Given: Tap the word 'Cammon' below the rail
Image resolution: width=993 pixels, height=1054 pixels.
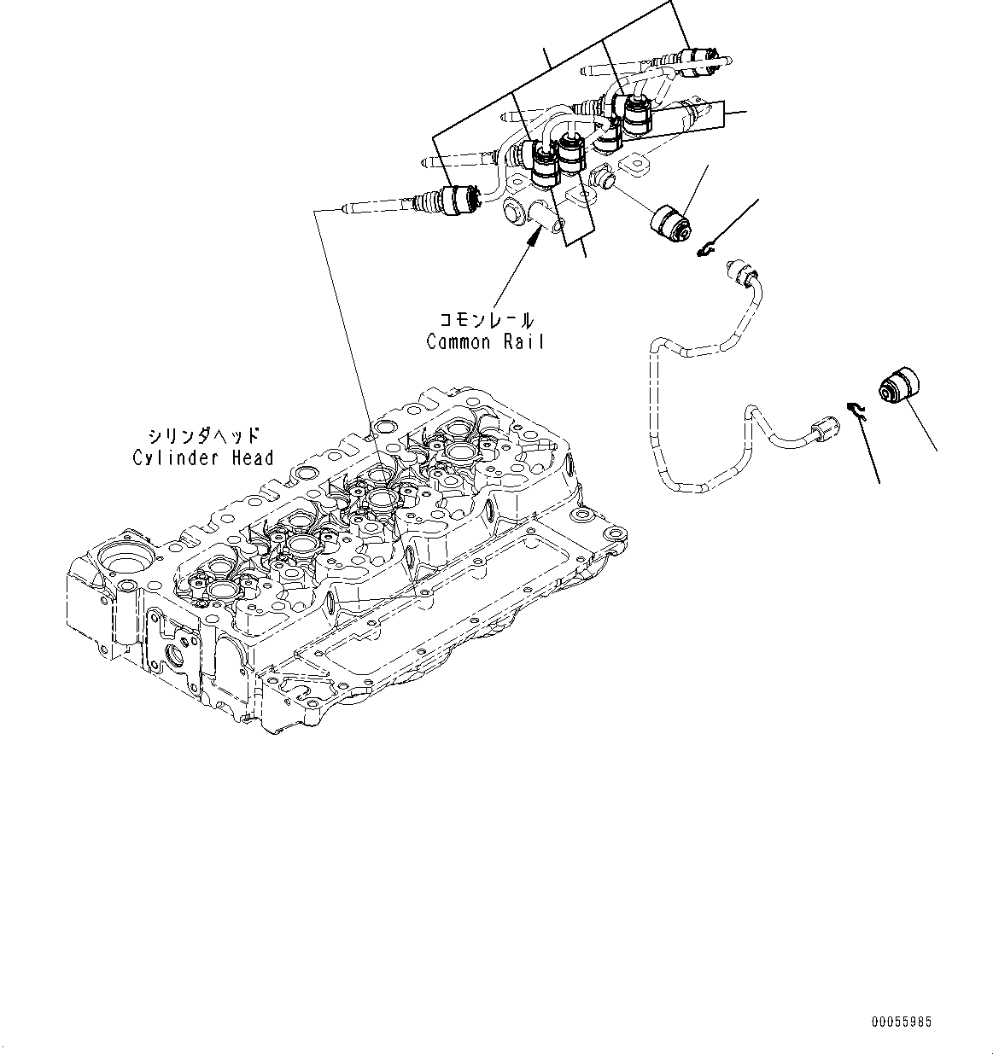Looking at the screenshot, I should [459, 342].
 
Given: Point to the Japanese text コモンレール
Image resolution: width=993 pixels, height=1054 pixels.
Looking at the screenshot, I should [486, 322].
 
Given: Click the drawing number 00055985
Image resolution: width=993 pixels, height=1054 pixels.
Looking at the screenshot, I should [902, 1022].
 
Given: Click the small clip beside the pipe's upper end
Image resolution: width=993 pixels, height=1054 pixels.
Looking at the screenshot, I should [705, 249].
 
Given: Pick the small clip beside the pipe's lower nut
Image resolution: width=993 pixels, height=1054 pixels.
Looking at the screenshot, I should [856, 411].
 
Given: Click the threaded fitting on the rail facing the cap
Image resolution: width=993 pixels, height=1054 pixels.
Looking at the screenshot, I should [602, 178].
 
